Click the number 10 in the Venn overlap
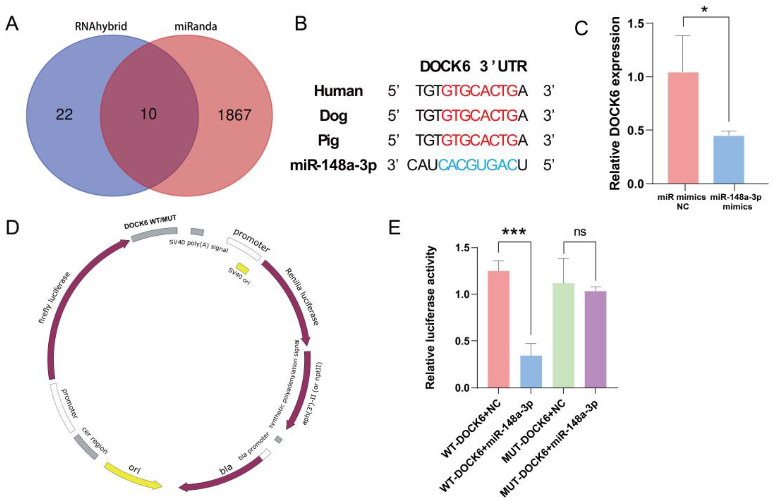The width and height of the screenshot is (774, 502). [x=148, y=114]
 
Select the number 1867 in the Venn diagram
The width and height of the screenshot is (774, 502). [x=234, y=115]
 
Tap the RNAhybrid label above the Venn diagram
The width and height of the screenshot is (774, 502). [x=101, y=26]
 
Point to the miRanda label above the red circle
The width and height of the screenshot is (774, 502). [x=196, y=26]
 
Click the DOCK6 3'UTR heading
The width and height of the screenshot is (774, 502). [x=473, y=67]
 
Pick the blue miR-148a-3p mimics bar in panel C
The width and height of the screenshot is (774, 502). [x=728, y=159]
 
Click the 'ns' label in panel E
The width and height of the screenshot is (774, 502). [x=580, y=232]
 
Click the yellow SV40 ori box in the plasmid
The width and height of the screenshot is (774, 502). [x=242, y=268]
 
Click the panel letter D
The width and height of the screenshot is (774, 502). [x=12, y=229]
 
